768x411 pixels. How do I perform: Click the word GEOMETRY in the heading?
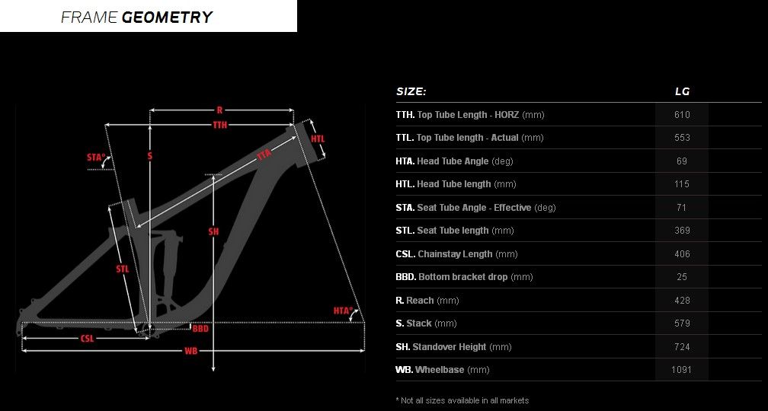167,17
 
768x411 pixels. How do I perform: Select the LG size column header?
682,91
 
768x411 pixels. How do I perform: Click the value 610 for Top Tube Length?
682,115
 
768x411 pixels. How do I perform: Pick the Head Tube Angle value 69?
682,161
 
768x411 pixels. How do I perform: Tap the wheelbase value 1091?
681,370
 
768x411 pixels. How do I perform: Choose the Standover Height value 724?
682,347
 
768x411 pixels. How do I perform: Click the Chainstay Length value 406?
682,254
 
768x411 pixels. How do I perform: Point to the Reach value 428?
682,301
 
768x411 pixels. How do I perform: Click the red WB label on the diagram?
190,351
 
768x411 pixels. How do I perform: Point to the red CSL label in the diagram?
87,338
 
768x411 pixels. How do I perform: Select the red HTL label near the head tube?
318,139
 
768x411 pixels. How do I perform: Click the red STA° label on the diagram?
96,157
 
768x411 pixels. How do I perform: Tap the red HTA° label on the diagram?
343,311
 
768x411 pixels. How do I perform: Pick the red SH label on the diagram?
213,231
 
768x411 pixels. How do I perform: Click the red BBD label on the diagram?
200,328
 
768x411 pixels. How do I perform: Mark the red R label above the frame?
219,110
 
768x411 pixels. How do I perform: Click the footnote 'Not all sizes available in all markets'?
462,400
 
